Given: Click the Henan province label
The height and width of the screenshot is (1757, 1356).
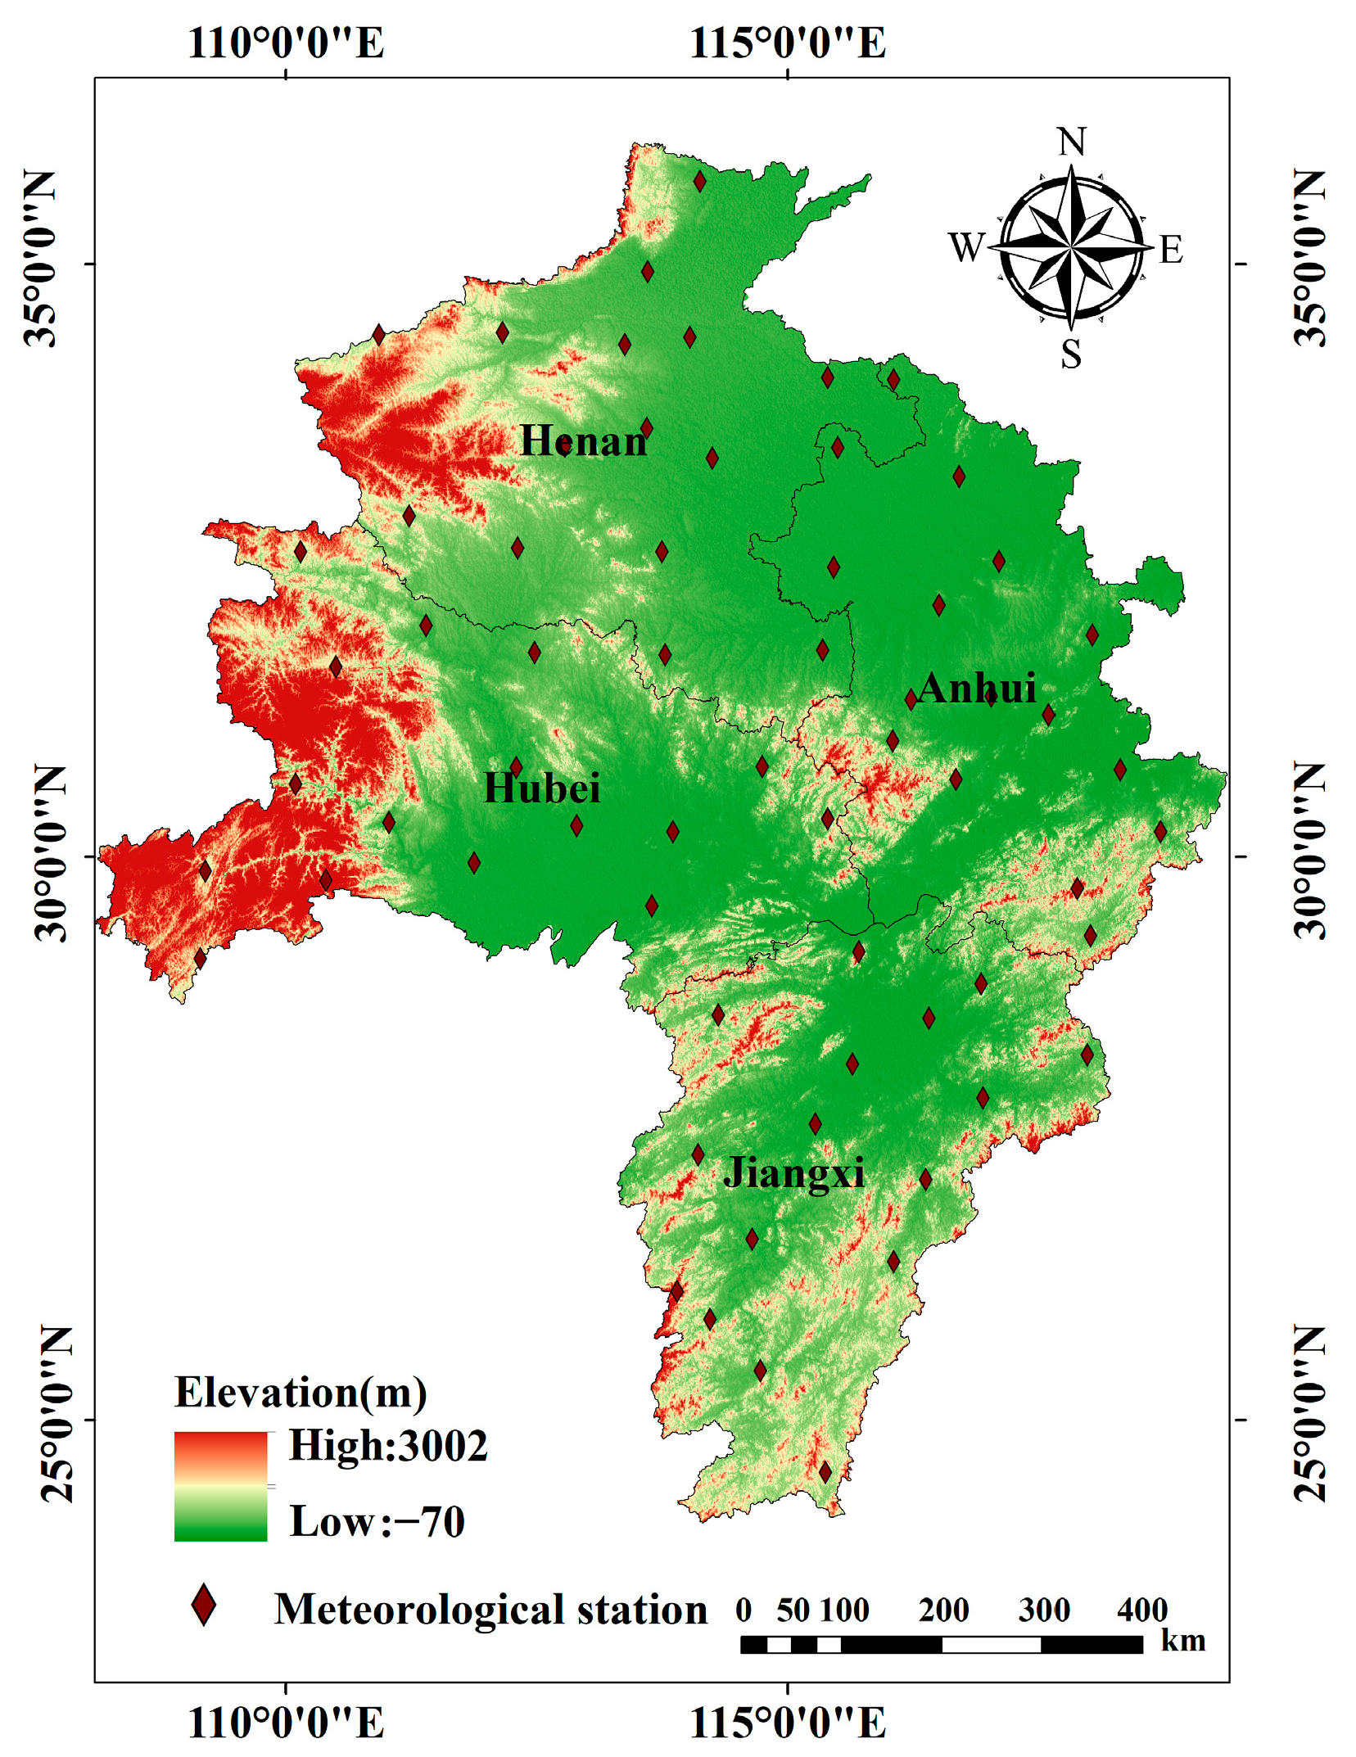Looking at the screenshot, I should coord(583,441).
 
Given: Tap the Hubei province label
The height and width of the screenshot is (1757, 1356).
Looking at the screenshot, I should coord(541,788).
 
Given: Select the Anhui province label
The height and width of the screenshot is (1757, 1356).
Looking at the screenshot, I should coord(976,688).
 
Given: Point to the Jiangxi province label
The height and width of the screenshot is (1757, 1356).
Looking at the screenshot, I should coord(793,1172).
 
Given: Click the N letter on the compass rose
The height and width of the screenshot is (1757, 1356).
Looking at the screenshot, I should coord(1071,142).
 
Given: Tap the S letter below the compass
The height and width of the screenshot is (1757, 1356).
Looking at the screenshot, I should coord(1071,355).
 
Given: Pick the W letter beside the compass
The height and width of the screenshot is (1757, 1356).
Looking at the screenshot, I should coord(966,246).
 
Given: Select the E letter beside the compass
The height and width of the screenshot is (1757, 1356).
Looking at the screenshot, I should coord(1171,250).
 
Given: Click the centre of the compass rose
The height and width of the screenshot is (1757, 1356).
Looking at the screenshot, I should coord(1071,246).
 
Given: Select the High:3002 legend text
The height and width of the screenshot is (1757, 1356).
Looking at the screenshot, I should coord(388,1446).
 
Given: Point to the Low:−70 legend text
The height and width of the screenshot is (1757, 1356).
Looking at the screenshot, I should coord(377,1522).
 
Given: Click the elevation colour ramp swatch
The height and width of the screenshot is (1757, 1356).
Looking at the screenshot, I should coord(221,1486).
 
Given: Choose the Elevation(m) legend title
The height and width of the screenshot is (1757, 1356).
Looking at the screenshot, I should coord(301,1393).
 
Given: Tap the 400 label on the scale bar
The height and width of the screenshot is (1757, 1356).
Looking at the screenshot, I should coord(1141,1610).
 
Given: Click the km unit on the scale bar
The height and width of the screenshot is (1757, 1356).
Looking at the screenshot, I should coord(1182,1641).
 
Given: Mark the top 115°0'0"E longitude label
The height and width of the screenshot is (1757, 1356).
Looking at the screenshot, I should coord(788,43).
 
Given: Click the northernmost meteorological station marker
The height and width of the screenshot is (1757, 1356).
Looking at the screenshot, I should coord(699,181).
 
